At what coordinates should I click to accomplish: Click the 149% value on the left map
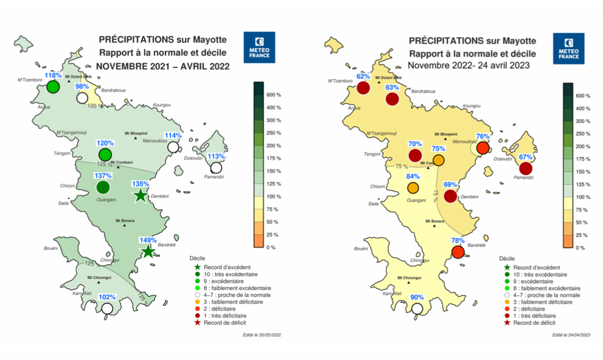tap(148, 240)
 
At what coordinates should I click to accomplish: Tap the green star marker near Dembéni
tap(141, 195)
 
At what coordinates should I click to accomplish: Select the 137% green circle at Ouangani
tap(102, 188)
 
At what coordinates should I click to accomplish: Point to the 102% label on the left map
tap(107, 297)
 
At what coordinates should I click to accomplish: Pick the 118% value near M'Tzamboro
tap(54, 76)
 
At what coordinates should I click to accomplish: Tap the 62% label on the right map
tap(363, 77)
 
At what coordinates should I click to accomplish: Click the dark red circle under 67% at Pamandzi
tap(526, 168)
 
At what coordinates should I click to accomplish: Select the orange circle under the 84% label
tap(413, 188)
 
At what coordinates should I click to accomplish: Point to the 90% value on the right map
tap(417, 297)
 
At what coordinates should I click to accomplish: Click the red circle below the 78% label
tap(458, 252)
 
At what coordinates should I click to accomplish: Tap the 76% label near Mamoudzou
tap(483, 137)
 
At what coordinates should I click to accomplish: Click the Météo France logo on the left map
tap(259, 47)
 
